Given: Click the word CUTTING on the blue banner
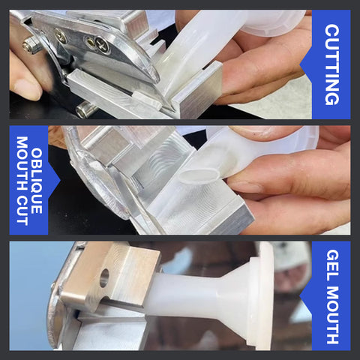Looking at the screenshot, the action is (331, 64).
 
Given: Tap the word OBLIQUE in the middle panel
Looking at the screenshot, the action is (37, 181).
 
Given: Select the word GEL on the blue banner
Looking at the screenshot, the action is (332, 264).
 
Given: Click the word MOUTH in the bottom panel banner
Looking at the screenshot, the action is (332, 315).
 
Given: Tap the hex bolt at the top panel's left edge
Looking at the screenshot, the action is (31, 45).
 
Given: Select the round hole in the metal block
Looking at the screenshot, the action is (104, 277).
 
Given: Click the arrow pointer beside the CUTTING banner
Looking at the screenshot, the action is (306, 64).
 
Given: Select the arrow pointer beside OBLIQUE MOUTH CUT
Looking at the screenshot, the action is (54, 181).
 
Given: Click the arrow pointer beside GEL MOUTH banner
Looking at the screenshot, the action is (306, 296).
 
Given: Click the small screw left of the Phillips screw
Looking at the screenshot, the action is (61, 36).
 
